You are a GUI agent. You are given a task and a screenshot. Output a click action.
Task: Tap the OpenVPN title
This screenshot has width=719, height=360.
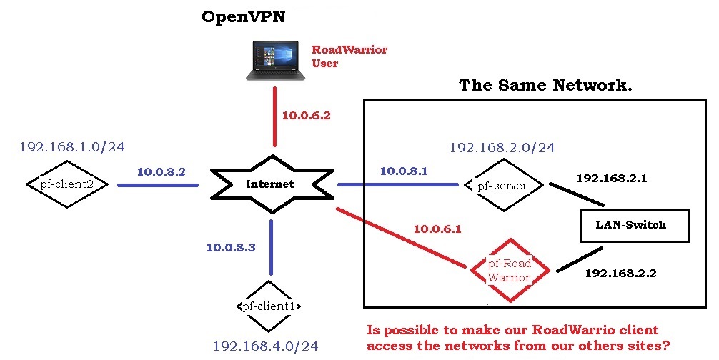pyautogui.click(x=243, y=17)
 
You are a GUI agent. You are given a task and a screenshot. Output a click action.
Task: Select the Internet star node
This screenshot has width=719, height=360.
pyautogui.click(x=271, y=184)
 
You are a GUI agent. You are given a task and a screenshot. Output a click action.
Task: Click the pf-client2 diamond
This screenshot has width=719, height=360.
pyautogui.click(x=67, y=184)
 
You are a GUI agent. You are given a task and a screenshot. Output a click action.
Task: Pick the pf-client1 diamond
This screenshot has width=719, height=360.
pyautogui.click(x=269, y=306)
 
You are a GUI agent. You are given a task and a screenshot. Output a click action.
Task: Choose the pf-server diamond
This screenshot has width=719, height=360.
pyautogui.click(x=502, y=186)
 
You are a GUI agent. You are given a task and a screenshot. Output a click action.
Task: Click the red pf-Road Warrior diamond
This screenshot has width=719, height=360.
pyautogui.click(x=509, y=270)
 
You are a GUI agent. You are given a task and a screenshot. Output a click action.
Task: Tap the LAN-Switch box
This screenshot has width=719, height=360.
pyautogui.click(x=630, y=225)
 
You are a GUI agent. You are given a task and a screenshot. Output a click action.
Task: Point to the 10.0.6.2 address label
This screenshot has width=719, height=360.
pyautogui.click(x=306, y=115)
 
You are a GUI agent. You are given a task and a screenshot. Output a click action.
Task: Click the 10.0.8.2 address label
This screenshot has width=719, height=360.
pyautogui.click(x=161, y=172)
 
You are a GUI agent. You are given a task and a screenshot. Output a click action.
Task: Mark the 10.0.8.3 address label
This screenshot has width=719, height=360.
pyautogui.click(x=230, y=248)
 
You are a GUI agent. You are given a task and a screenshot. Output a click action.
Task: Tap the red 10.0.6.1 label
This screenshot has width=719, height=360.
pyautogui.click(x=437, y=229)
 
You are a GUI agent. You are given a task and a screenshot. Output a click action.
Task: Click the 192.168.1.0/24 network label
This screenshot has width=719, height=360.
pyautogui.click(x=72, y=147)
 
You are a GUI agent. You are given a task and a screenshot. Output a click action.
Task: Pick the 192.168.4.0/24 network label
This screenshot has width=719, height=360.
pyautogui.click(x=265, y=346)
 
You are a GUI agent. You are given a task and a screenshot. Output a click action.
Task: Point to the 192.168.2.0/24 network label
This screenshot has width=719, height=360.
pyautogui.click(x=502, y=148)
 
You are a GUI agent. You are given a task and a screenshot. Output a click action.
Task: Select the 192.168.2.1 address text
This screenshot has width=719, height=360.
pyautogui.click(x=611, y=179)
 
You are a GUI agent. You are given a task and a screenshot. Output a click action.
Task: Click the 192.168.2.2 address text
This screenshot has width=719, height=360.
pyautogui.click(x=620, y=273)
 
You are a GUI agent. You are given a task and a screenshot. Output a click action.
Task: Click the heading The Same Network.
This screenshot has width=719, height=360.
pyautogui.click(x=545, y=86)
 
